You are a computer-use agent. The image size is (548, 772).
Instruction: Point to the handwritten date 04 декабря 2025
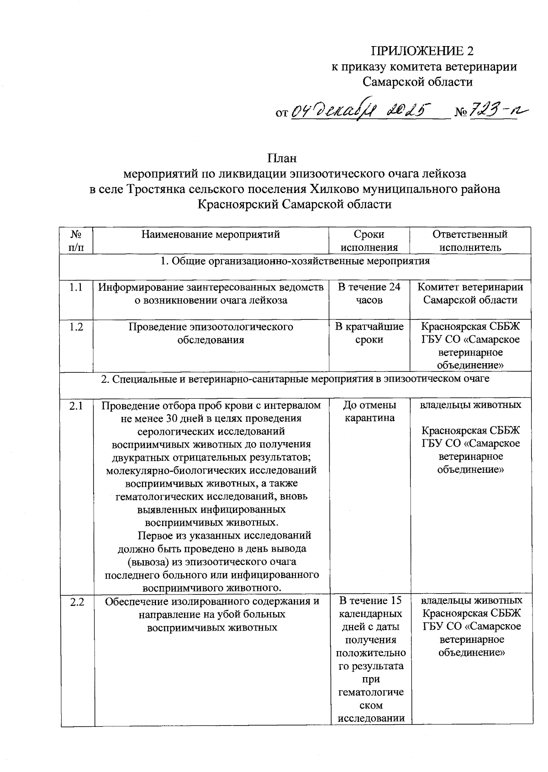pos(361,110)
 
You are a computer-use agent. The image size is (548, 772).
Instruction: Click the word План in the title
pos(282,158)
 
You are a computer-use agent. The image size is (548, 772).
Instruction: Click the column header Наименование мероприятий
pos(211,235)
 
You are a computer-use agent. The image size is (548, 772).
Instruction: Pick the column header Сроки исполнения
pos(369,241)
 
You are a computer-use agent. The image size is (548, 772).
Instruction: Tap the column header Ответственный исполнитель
pos(470,241)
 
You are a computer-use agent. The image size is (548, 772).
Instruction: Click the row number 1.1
pos(76,287)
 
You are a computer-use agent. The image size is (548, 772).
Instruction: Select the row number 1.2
pos(76,327)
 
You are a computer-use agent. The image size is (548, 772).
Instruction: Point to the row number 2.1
pos(76,405)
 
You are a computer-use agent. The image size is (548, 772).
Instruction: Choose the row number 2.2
pos(77,602)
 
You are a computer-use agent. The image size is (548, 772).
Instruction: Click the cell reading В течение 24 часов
pos(369,293)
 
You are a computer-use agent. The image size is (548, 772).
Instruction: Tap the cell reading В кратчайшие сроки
pos(369,333)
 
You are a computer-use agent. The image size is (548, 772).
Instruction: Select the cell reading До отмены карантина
pos(369,411)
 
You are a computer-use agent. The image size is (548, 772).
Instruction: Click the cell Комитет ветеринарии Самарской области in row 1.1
pos(470,293)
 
